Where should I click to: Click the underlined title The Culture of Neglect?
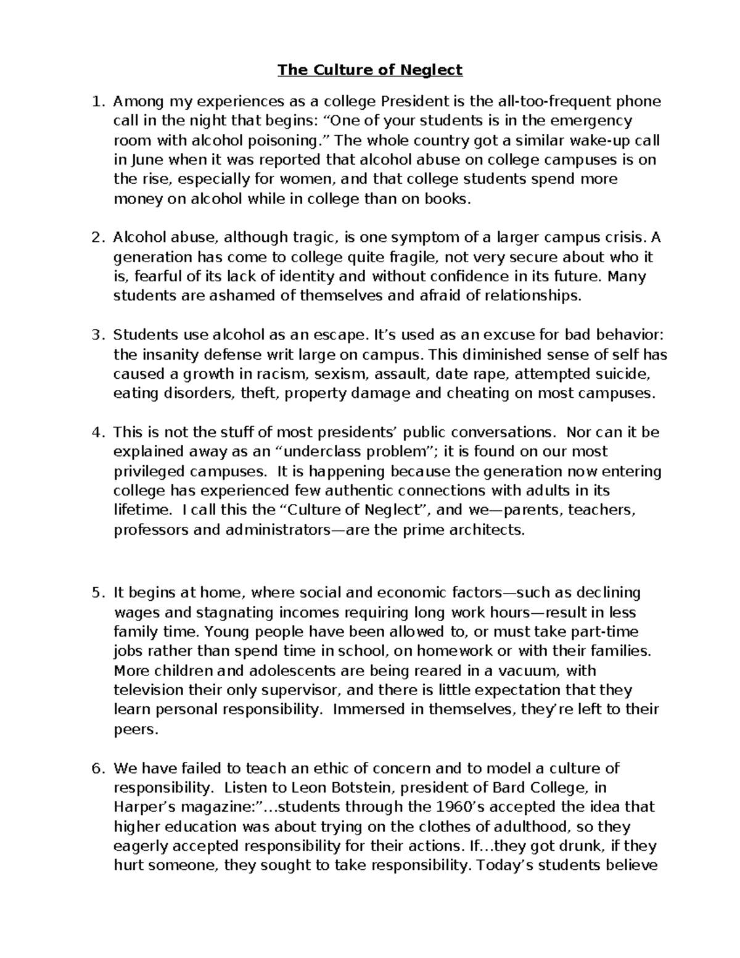370,70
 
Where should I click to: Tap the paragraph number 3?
96,335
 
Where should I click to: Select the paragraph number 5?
96,593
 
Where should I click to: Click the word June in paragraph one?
147,160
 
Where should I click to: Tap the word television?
148,690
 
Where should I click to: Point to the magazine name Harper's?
146,807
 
